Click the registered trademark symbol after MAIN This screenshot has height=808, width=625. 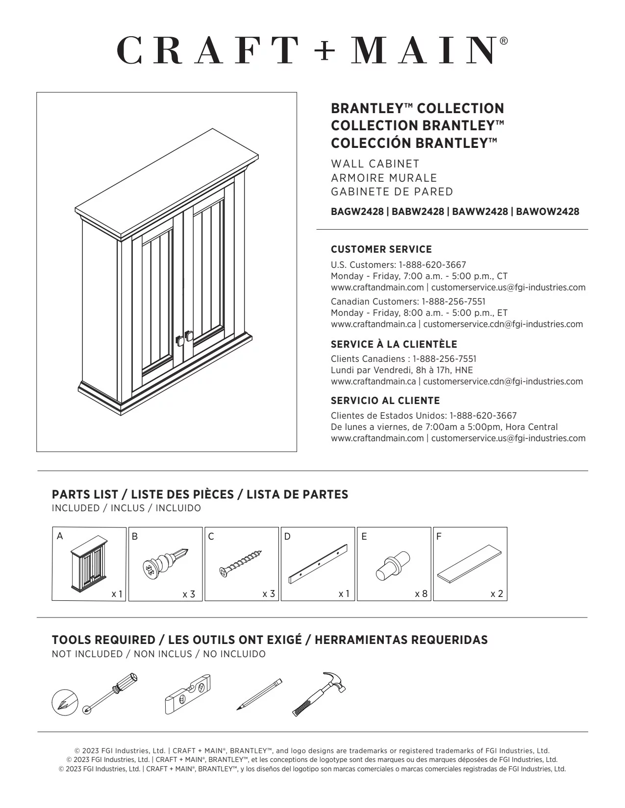click(x=504, y=41)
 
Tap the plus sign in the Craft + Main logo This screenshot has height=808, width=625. click(x=324, y=50)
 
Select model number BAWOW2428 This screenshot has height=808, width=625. click(x=548, y=212)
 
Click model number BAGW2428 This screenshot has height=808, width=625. click(x=357, y=212)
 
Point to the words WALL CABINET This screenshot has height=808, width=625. click(x=375, y=164)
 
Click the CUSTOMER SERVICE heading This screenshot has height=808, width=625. click(x=381, y=249)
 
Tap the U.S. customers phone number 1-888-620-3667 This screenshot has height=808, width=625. click(x=432, y=265)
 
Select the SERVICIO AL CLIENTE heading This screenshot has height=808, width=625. click(x=385, y=401)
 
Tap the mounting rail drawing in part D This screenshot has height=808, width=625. click(x=318, y=564)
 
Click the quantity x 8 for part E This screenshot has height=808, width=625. click(x=421, y=594)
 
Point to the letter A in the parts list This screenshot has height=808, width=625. click(x=60, y=536)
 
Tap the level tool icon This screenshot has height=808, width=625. click(x=187, y=694)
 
